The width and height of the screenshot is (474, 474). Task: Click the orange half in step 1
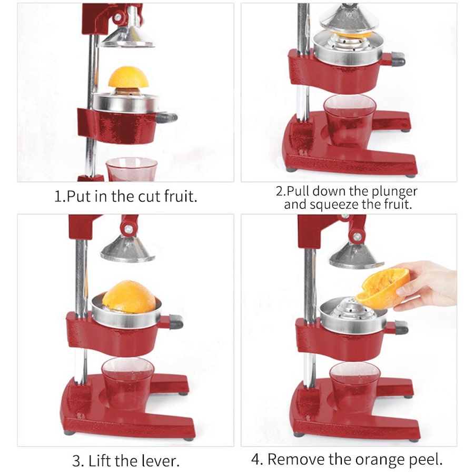tap(129, 78)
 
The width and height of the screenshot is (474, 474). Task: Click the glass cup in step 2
tap(350, 120)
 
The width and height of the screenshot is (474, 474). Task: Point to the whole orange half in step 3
tap(129, 297)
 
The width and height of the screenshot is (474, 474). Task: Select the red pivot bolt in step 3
tap(127, 229)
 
